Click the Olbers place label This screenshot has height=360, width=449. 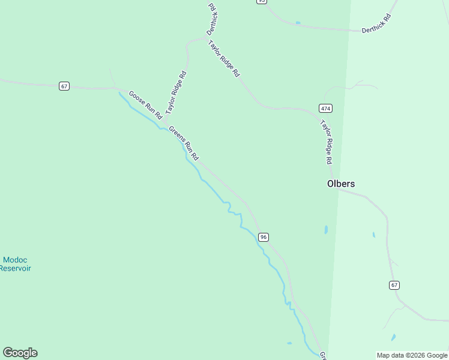click(x=340, y=184)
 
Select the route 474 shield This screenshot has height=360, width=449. click(x=325, y=108)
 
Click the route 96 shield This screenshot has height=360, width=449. click(x=264, y=237)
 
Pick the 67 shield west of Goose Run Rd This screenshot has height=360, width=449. click(x=64, y=86)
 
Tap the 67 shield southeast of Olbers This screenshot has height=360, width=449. click(x=394, y=285)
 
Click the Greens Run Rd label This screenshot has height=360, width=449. click(x=184, y=143)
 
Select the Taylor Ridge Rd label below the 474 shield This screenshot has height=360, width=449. click(x=326, y=142)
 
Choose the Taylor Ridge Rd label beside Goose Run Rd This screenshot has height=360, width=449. click(x=176, y=92)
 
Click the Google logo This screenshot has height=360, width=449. click(x=20, y=353)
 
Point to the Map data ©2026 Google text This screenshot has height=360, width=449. click(x=412, y=355)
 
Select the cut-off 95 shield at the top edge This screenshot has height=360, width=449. click(x=261, y=2)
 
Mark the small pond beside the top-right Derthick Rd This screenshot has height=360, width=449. click(x=298, y=23)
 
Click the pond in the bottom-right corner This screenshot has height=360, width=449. click(x=393, y=337)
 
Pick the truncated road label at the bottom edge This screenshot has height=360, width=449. click(x=322, y=356)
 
